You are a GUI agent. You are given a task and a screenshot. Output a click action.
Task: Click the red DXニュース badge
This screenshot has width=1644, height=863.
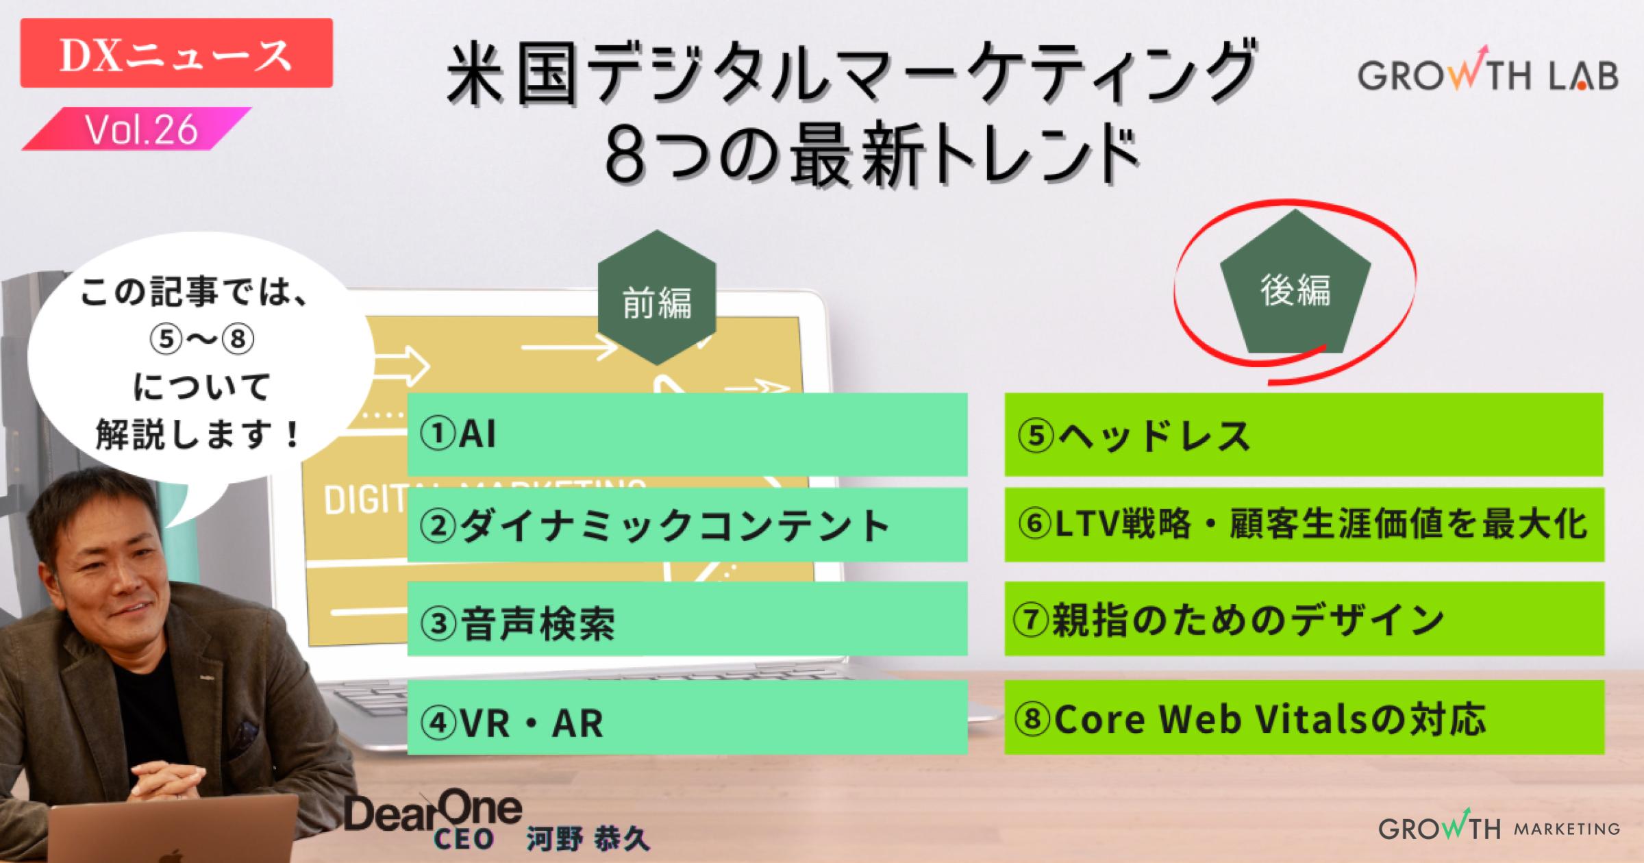(176, 53)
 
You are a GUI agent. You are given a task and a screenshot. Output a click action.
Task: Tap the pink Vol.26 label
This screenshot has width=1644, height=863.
(140, 129)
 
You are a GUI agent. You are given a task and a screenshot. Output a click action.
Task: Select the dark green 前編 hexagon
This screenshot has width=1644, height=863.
(656, 299)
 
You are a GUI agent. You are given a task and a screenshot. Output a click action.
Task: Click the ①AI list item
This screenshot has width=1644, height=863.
(686, 434)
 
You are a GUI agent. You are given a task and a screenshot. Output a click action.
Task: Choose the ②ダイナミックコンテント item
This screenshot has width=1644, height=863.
(686, 525)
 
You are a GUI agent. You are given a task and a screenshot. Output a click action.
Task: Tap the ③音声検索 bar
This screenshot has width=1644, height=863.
(686, 621)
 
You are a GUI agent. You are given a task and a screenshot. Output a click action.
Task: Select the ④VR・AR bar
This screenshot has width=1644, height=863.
(686, 720)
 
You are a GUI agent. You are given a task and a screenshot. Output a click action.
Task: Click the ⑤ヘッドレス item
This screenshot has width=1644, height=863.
(1303, 435)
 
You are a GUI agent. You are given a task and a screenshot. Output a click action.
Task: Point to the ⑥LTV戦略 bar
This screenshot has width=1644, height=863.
(1303, 525)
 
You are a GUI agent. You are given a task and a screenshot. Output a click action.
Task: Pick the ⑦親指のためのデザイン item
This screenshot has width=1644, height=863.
(1303, 619)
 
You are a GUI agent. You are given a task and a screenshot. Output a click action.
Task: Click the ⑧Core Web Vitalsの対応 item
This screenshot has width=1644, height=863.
(1303, 718)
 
